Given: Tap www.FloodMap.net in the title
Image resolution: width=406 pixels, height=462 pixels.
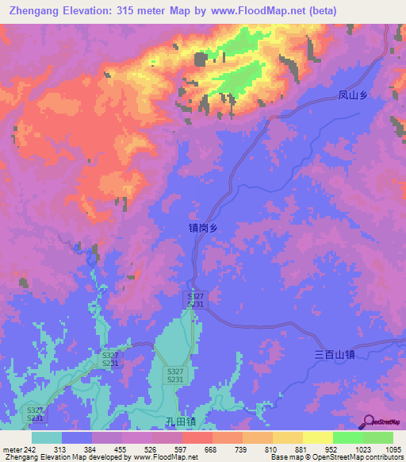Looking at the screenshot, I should click(246, 10).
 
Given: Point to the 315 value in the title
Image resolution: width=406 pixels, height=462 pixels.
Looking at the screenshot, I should click(128, 10).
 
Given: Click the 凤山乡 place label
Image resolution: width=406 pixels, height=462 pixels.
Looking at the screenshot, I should click(354, 96).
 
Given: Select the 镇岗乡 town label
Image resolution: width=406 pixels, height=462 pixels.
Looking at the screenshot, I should click(203, 228).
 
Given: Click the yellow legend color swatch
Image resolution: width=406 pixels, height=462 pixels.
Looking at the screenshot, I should click(318, 437).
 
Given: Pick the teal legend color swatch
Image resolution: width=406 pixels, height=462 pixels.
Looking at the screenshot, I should click(47, 437).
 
